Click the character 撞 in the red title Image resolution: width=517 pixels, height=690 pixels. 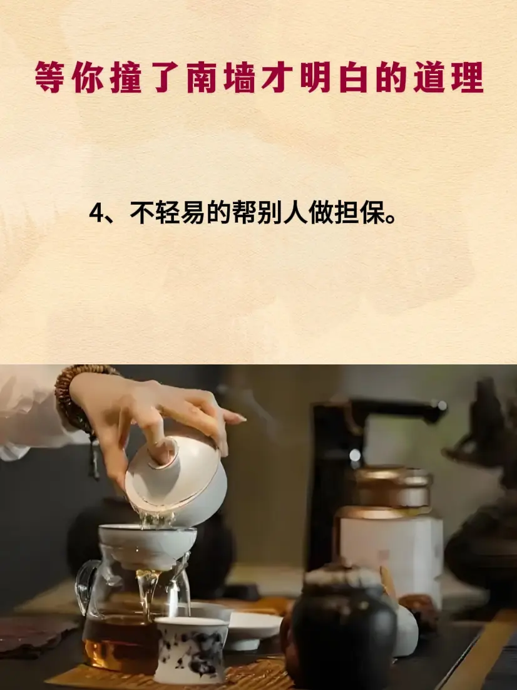(x=126, y=78)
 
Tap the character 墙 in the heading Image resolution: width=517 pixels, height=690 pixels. (x=240, y=78)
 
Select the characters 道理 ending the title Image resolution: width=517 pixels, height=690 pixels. (x=448, y=78)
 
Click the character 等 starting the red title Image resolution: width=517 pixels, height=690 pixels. (x=50, y=78)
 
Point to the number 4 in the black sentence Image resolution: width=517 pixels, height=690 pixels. (x=96, y=214)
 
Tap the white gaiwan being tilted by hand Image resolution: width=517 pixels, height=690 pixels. (x=176, y=480)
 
